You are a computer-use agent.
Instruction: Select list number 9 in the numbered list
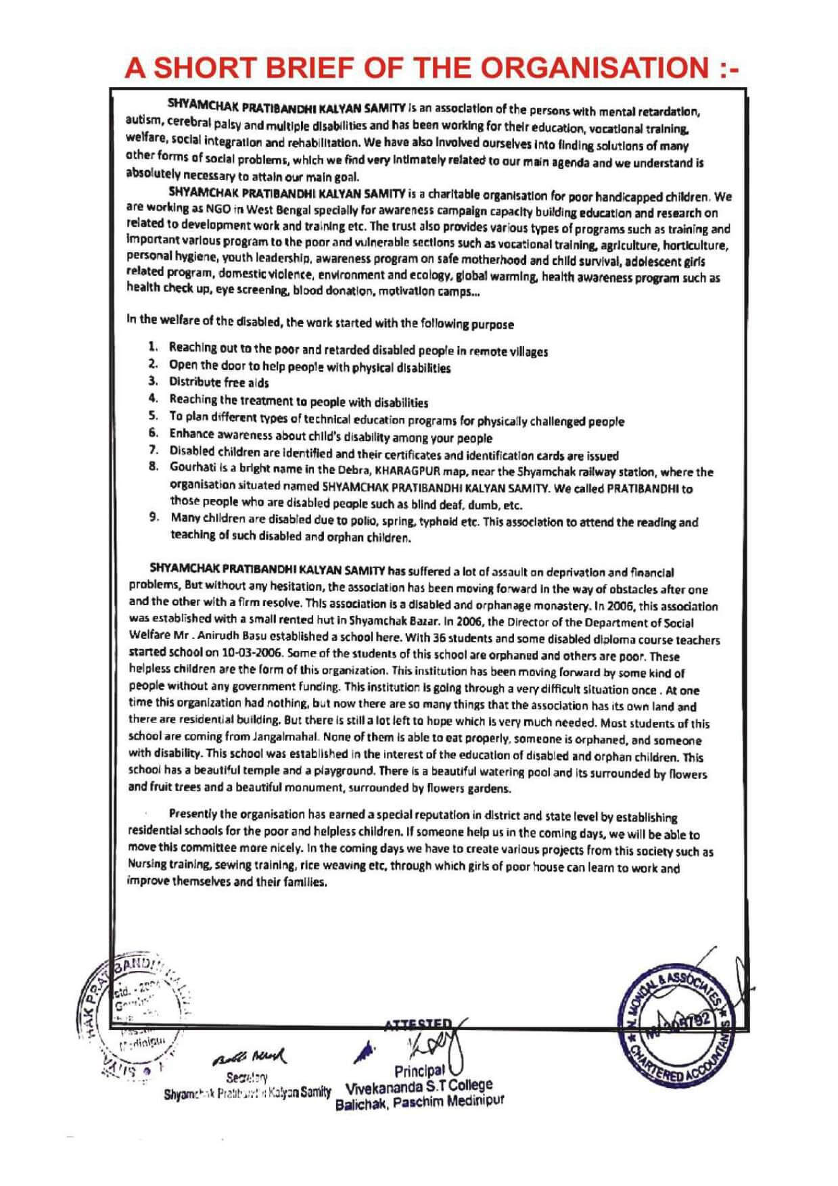pos(154,519)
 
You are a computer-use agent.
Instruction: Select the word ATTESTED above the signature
pos(422,1024)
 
